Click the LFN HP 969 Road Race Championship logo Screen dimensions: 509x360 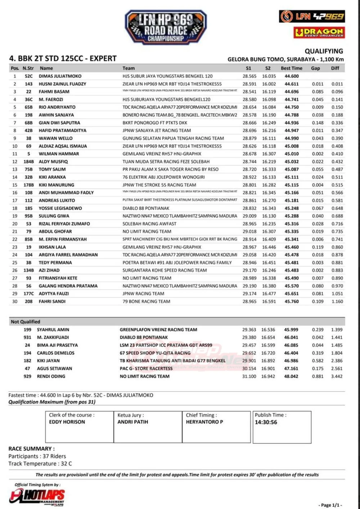coord(166,27)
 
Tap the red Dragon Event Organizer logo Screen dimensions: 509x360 coord(319,32)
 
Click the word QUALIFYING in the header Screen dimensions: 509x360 coord(324,51)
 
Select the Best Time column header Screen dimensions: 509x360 coord(292,68)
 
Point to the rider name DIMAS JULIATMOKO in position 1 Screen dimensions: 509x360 coord(60,76)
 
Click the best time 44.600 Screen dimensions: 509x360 coord(292,76)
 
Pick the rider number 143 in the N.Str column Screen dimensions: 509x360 coord(28,84)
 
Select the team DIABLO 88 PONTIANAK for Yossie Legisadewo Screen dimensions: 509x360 coord(146,208)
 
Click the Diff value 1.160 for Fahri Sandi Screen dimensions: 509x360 coord(337,302)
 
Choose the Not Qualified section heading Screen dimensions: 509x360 coord(25,322)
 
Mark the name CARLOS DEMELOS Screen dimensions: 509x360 coord(55,353)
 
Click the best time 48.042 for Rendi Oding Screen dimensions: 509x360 coord(291,376)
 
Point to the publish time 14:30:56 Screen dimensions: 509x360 coord(266,422)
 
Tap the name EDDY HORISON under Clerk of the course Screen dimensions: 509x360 coord(67,422)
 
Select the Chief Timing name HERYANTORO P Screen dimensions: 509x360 coord(204,422)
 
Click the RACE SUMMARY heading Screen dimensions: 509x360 coord(32,449)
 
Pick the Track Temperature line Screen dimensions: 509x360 coord(40,464)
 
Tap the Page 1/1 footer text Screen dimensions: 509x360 coord(330,505)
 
